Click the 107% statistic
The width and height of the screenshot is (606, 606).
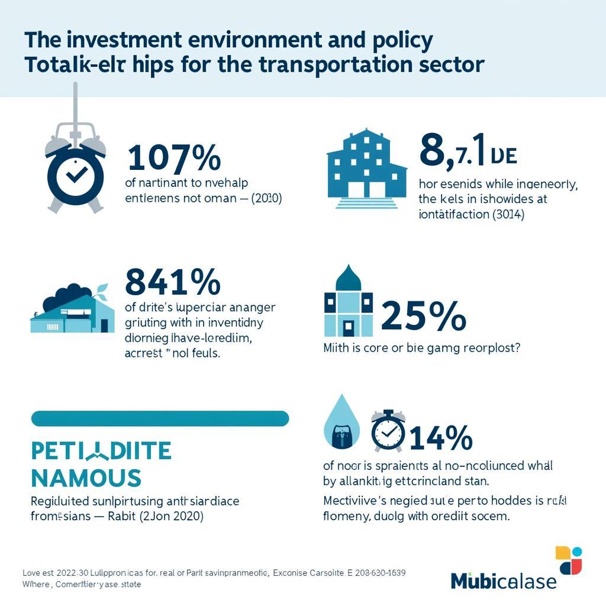(x=174, y=159)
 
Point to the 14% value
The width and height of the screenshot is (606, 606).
(x=441, y=439)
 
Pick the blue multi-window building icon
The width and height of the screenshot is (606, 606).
(x=366, y=167)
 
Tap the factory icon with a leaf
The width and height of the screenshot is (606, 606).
(x=72, y=309)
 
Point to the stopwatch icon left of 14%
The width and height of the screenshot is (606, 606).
(x=388, y=431)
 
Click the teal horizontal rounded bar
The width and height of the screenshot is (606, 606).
(x=160, y=418)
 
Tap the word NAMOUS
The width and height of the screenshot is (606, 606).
(x=86, y=477)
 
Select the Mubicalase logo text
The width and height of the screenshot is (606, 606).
(x=503, y=580)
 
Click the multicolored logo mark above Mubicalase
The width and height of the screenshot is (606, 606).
(x=569, y=560)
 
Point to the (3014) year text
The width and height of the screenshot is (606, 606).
(x=508, y=215)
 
